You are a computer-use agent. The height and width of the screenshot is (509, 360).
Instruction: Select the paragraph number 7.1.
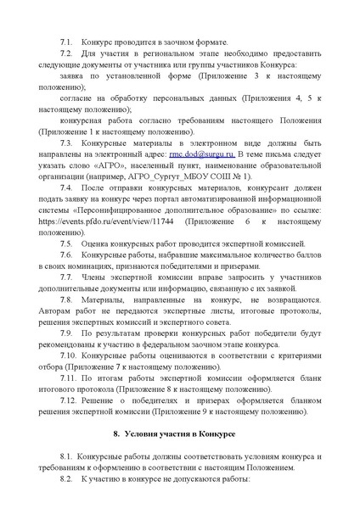pos(65,42)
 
